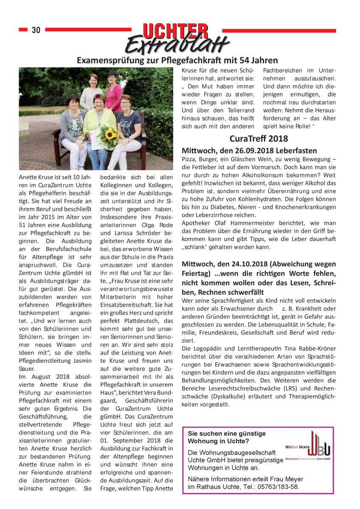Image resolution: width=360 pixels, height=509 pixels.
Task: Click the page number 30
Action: point(36,30)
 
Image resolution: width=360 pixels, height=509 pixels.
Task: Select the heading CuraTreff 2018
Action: point(259,138)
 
